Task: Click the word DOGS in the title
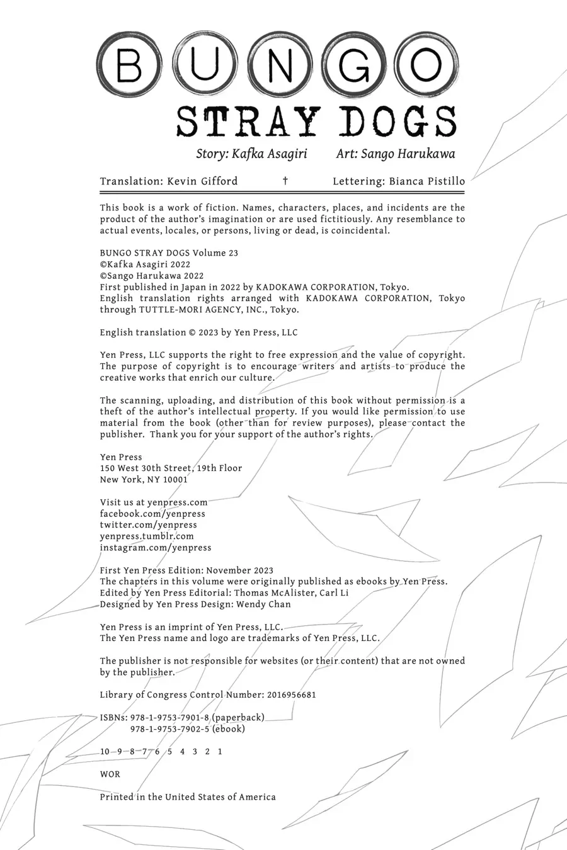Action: coord(398,122)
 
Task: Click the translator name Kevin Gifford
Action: coord(202,181)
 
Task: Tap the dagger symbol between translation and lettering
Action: coord(285,181)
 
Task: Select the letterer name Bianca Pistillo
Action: coord(427,181)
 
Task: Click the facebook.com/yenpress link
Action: coord(152,514)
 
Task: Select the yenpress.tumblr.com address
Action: coord(147,536)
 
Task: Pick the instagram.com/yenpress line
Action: coord(156,548)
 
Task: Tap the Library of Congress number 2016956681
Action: coord(284,695)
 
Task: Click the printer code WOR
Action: coord(110,774)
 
